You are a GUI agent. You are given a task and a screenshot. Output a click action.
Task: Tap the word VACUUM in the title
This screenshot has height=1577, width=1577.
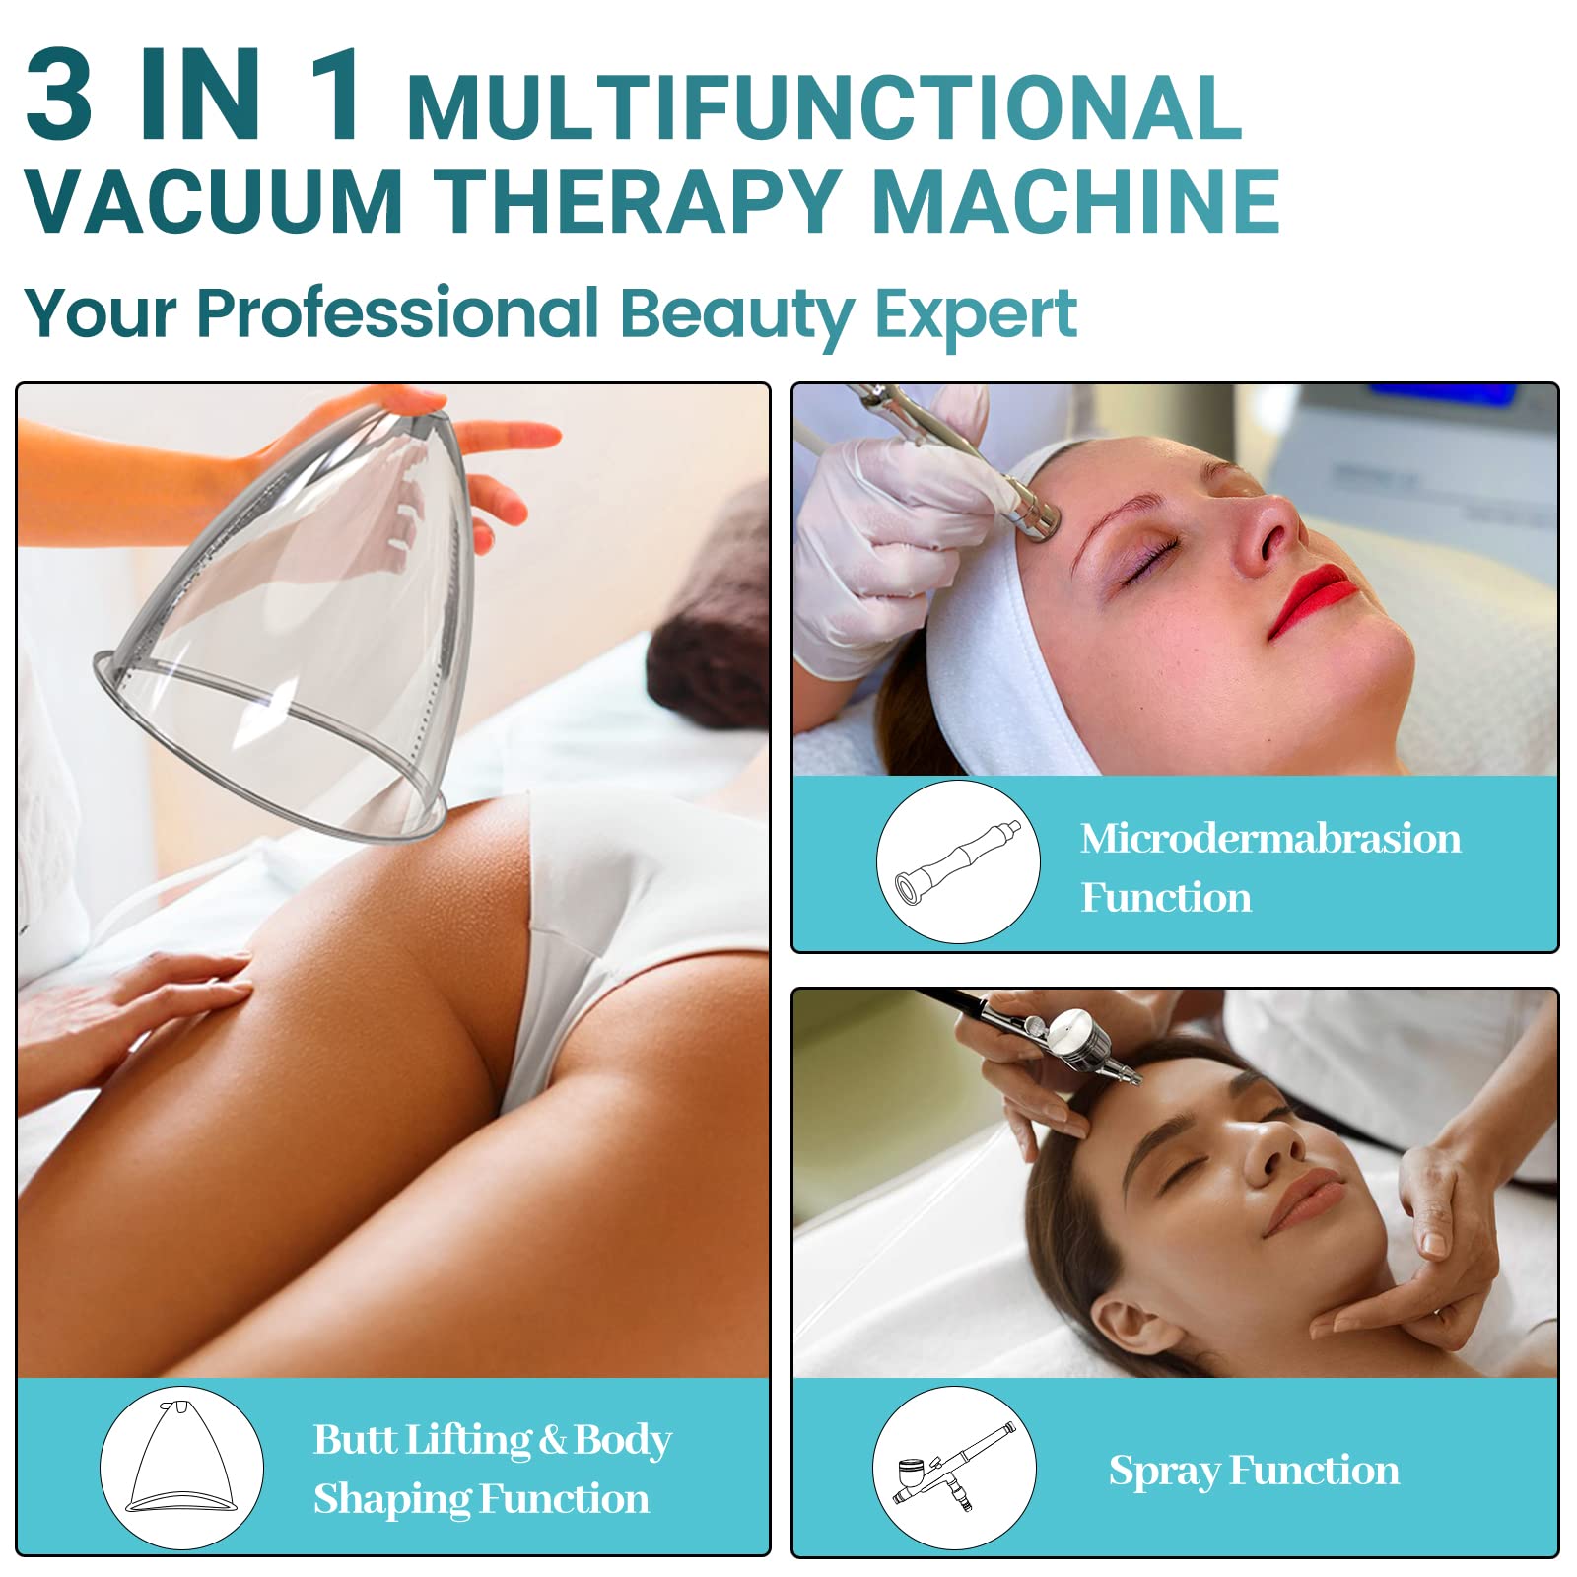[215, 201]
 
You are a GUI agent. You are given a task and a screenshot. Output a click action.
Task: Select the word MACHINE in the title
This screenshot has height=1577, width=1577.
[1076, 201]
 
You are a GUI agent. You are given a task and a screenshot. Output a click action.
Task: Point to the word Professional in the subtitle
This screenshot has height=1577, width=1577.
[398, 312]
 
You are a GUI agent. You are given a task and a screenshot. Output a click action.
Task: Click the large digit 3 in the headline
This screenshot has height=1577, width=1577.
[59, 96]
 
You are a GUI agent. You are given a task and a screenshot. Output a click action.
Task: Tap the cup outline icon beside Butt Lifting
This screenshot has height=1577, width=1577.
[182, 1468]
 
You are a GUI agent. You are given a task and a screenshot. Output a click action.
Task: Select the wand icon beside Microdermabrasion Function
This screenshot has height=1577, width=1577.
[957, 861]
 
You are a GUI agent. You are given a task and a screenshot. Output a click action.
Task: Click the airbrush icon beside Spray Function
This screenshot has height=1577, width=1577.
[954, 1468]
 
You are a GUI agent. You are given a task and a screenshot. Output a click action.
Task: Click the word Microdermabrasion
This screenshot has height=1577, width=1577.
[1270, 839]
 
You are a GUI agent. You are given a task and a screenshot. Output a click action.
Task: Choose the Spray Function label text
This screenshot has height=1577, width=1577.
[1254, 1471]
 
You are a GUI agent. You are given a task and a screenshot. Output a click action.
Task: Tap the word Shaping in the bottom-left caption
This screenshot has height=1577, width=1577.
[389, 1500]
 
